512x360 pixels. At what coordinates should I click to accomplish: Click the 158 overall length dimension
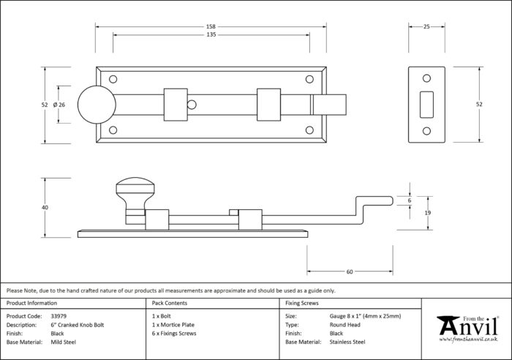(x=211, y=26)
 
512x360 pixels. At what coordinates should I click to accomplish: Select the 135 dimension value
(x=211, y=34)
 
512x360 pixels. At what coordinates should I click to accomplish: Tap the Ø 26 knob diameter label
(x=59, y=105)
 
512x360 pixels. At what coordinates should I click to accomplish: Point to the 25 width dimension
(x=426, y=26)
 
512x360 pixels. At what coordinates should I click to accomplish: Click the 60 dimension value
(x=350, y=271)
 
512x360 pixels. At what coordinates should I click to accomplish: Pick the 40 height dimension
(x=45, y=208)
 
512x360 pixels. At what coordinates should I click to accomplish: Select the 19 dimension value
(x=427, y=213)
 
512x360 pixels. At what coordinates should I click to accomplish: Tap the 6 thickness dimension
(x=410, y=200)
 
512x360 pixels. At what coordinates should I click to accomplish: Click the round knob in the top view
(x=97, y=105)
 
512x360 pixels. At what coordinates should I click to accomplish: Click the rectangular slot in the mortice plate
(x=426, y=105)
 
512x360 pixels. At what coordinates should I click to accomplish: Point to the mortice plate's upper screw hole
(x=426, y=78)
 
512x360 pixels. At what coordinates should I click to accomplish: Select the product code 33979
(x=59, y=316)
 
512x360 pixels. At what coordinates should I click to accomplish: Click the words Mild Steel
(x=64, y=342)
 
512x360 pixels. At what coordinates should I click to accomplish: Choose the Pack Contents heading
(x=170, y=303)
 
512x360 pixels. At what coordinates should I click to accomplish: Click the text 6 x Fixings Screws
(x=174, y=334)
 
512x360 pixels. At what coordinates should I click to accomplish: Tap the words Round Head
(x=345, y=325)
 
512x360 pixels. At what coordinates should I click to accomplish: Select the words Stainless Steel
(x=347, y=342)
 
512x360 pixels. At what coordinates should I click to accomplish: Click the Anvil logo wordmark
(x=468, y=326)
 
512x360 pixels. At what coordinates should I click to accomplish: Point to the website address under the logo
(x=468, y=340)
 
